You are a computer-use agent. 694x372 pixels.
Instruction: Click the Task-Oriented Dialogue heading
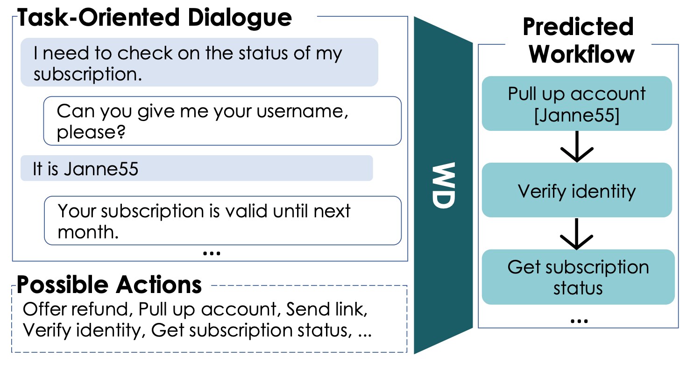coord(155,18)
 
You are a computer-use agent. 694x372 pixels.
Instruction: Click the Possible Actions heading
coord(109,284)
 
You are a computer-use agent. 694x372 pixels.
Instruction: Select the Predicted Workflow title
coord(578,41)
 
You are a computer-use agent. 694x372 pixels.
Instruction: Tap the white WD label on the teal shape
coord(443,186)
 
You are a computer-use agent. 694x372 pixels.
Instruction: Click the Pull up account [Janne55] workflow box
coord(577,104)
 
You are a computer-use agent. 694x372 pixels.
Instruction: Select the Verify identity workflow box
coord(577,190)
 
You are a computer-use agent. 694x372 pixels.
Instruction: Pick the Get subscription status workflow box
coord(578,277)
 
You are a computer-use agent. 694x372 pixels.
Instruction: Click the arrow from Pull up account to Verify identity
coord(577,147)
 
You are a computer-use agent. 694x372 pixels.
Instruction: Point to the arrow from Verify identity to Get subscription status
coord(577,234)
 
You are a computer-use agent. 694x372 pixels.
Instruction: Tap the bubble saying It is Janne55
coord(196,169)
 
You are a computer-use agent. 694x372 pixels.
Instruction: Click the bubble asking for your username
coord(222,121)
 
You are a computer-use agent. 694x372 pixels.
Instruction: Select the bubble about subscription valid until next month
coord(222,221)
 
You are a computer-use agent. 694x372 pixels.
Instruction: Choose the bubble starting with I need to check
coord(199,63)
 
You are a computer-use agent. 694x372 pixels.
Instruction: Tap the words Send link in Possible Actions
coord(330,309)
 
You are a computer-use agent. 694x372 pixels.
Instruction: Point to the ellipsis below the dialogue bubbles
coord(212,253)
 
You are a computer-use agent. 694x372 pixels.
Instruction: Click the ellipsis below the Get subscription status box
coord(578,321)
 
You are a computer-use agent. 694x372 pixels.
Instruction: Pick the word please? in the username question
coord(91,133)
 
